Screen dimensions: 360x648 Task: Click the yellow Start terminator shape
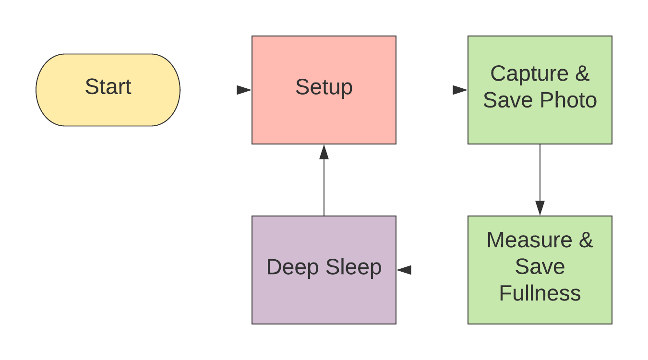[x=108, y=90]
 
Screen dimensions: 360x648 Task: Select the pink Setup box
[x=324, y=90]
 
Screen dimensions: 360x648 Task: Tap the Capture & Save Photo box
[x=540, y=90]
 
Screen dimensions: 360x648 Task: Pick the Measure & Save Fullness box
[x=540, y=270]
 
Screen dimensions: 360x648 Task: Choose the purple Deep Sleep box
[x=324, y=270]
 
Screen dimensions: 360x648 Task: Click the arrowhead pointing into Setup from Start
[x=245, y=90]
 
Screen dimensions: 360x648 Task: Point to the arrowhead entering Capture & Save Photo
[x=460, y=90]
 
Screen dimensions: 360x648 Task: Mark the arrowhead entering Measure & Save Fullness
[x=540, y=208]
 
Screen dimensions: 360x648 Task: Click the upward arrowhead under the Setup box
[x=324, y=152]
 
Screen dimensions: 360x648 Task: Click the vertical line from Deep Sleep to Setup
[x=324, y=187]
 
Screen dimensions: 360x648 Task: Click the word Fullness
[x=540, y=293]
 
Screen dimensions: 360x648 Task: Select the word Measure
[x=529, y=240]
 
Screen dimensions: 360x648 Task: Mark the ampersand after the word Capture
[x=582, y=74]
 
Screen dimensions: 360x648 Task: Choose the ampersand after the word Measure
[x=586, y=240]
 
